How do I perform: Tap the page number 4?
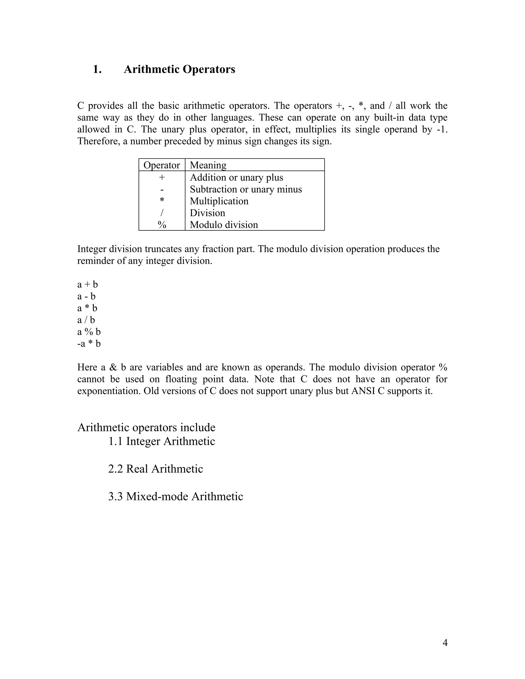coord(445,642)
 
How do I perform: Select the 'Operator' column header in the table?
coord(161,165)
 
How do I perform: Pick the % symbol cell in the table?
coord(162,225)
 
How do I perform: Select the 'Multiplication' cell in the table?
coord(219,201)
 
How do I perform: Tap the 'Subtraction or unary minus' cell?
coord(246,189)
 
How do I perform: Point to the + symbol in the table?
coord(162,178)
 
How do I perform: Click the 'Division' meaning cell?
coord(207,213)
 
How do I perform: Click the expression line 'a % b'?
coord(89,332)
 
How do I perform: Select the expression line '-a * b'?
coord(89,344)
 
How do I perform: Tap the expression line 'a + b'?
coord(87,284)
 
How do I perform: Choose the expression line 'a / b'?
coord(86,320)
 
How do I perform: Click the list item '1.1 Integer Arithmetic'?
coord(161,441)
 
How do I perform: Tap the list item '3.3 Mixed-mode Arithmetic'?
coord(175,496)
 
